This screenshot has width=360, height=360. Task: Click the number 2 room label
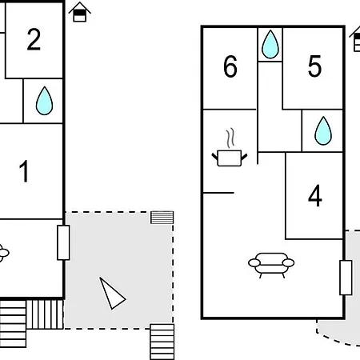click(34, 39)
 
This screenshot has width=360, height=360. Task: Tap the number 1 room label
click(24, 171)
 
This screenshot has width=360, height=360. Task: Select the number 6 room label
click(230, 66)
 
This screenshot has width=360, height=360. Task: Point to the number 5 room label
click(314, 66)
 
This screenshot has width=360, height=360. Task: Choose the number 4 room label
click(315, 196)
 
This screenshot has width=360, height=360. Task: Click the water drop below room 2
click(44, 101)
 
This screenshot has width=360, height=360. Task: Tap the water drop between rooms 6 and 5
click(270, 44)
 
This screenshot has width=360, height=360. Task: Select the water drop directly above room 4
click(323, 130)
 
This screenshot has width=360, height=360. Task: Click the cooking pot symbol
click(230, 158)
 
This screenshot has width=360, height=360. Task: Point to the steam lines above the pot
click(231, 138)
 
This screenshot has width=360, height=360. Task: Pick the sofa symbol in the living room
click(271, 266)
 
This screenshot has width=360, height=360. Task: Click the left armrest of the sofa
click(254, 263)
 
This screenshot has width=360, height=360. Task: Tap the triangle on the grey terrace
click(112, 294)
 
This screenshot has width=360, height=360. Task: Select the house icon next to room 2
click(80, 12)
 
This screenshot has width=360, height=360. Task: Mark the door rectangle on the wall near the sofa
click(346, 278)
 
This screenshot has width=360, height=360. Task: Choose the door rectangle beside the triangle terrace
click(63, 242)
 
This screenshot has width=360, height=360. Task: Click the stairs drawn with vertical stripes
click(45, 314)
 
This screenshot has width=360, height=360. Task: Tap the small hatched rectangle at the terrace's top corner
click(162, 218)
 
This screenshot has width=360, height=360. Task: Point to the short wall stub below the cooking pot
click(218, 193)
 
